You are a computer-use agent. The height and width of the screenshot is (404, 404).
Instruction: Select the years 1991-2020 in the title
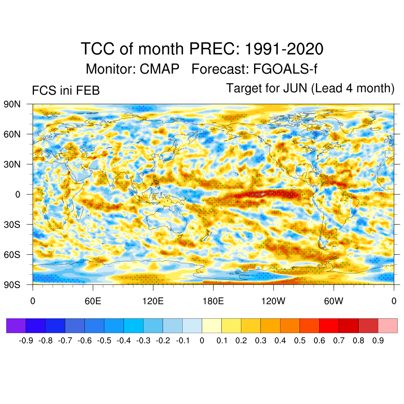(284, 49)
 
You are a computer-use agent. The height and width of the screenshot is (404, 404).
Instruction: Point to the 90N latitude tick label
(12, 104)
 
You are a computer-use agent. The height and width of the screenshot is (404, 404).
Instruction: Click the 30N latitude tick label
(12, 164)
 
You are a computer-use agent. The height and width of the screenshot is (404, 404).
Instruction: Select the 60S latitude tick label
(12, 254)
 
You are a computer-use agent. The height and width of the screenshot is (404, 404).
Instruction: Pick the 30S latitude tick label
(12, 224)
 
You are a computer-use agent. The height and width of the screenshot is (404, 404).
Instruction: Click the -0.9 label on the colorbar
(26, 340)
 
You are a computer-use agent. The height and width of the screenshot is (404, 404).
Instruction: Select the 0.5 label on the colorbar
(300, 340)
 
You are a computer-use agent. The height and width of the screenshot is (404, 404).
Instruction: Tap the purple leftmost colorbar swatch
(16, 326)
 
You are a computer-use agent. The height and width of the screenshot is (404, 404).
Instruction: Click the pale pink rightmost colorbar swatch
(387, 326)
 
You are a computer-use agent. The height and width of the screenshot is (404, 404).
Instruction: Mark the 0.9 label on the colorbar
(378, 340)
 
